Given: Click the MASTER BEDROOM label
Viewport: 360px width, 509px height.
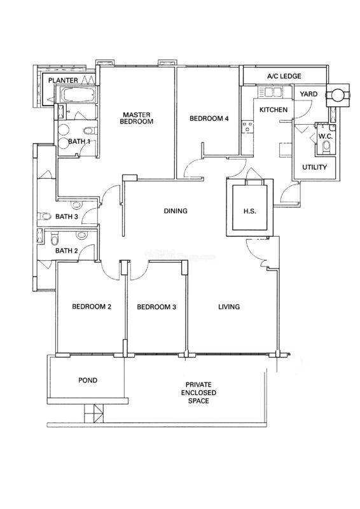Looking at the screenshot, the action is point(136,118).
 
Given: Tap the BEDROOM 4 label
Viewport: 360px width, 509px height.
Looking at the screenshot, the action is point(209,118).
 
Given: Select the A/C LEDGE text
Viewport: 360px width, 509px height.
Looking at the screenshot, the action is point(284,76).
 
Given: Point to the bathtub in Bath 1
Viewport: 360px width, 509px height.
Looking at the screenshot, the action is point(78,95).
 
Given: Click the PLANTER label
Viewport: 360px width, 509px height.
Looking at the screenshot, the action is point(64,80).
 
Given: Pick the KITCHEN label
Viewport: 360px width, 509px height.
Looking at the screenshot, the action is point(273,109).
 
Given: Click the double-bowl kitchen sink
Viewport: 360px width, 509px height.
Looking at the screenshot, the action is point(269,92).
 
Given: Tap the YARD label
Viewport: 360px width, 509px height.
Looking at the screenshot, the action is point(308,94).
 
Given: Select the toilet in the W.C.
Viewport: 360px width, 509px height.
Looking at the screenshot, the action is point(326,147).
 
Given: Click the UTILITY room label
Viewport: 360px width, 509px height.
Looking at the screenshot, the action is point(314,167).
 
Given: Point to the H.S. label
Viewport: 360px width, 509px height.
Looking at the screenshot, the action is point(249,211).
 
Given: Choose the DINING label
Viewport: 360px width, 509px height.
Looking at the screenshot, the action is point(176,211).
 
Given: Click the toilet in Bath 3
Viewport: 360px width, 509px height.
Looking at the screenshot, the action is point(44,216).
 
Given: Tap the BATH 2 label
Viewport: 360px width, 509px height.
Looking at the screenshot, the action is point(67,251).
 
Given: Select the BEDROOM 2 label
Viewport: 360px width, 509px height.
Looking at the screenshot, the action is point(92,307).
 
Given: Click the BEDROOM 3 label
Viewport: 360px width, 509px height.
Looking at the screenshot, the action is point(156,307).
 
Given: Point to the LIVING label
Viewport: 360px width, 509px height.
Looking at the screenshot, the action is point(229,307).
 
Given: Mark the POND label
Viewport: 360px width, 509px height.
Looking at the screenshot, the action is point(88,380).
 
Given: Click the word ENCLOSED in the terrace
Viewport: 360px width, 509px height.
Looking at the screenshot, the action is point(198,393).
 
